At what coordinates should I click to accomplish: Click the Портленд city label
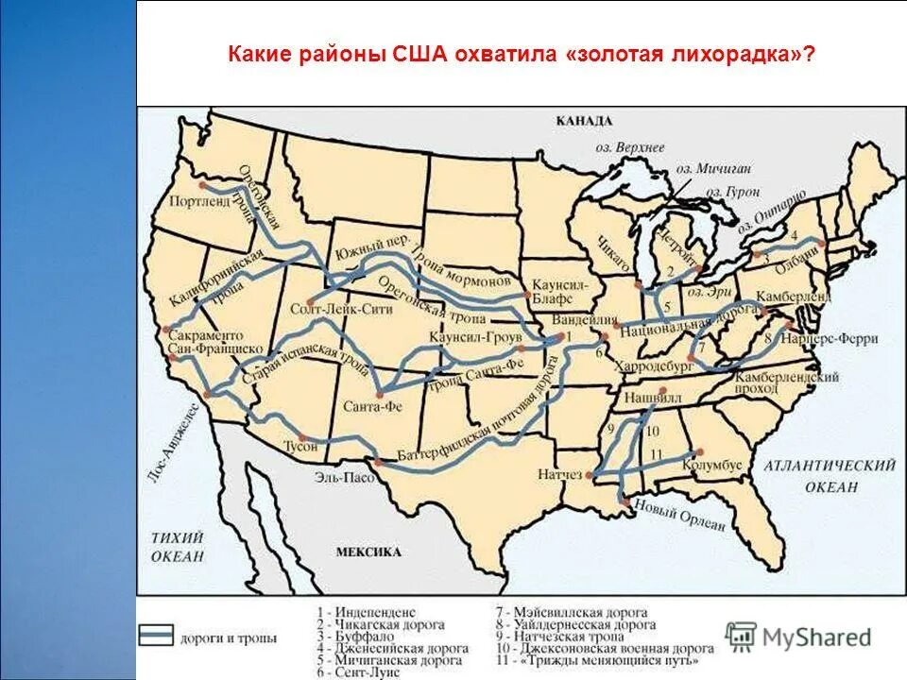point(197,201)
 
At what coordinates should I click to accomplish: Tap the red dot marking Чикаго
point(639,282)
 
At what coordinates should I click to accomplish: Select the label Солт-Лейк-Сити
point(326,308)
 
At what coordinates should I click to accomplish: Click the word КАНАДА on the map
point(584,121)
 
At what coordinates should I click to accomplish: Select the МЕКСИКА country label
point(368,552)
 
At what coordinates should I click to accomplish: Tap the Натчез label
point(558,473)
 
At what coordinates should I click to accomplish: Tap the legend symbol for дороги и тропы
point(156,635)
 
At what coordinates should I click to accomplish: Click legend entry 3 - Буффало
point(354,637)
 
